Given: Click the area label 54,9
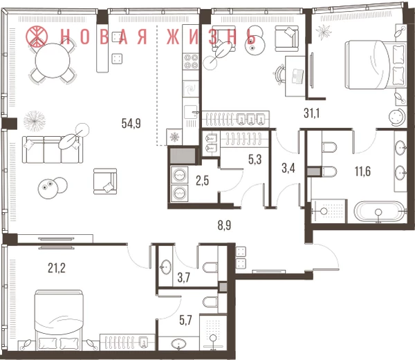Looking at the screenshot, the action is (131, 123).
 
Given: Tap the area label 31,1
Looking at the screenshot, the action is (311, 113).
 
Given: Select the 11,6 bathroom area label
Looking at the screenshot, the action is (362, 171).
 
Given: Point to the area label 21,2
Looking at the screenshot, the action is (57, 268).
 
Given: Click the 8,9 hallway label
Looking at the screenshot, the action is (224, 225).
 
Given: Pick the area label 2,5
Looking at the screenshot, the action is (202, 181).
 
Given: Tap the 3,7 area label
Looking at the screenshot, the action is (184, 278).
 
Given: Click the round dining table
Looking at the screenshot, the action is (53, 60).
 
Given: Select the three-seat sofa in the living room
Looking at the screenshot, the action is (53, 150).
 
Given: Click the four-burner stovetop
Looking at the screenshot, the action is (191, 61).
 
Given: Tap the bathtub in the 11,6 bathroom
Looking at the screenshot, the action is (379, 211).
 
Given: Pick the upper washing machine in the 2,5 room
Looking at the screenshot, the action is (180, 175).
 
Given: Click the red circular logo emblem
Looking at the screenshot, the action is (37, 36).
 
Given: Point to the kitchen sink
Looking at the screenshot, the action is (191, 113).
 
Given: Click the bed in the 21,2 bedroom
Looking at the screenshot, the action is (59, 321).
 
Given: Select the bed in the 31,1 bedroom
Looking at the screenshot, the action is (376, 64).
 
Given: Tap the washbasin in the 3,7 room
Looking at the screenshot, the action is (166, 267).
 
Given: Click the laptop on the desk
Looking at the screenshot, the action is (297, 76).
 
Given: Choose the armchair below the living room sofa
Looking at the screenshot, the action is (105, 181).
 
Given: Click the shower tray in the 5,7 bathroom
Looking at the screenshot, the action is (213, 333).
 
